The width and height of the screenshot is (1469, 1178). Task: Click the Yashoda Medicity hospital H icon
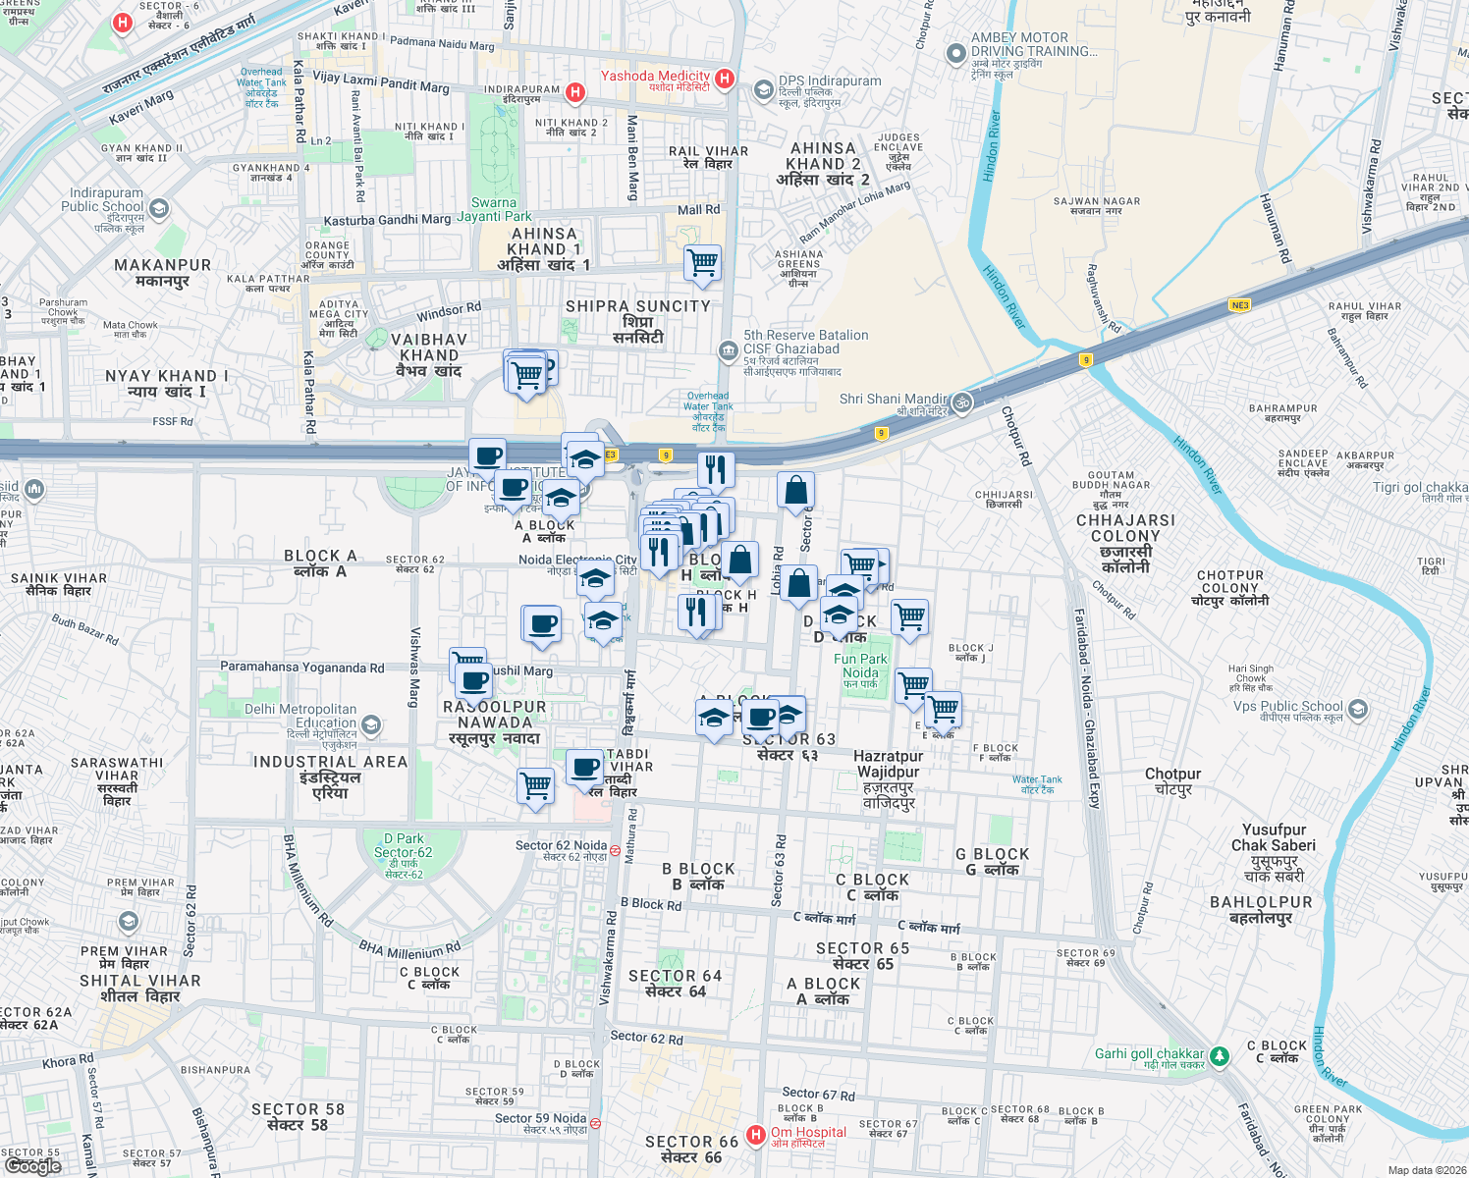[725, 79]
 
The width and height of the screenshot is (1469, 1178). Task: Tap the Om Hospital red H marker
[755, 1136]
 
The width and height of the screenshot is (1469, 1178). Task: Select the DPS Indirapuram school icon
[763, 90]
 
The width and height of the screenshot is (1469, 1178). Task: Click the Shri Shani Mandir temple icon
[962, 402]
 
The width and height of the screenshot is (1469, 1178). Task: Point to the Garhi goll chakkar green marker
[1219, 1056]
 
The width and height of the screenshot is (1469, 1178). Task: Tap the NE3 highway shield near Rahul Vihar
[1239, 305]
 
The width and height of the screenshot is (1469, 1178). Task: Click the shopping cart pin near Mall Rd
[703, 264]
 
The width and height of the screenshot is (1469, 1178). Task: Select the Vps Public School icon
[1357, 709]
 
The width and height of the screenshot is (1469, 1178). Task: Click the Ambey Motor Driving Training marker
[955, 54]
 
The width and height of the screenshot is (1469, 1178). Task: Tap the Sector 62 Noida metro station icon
[615, 850]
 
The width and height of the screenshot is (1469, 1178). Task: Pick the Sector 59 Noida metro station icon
[595, 1123]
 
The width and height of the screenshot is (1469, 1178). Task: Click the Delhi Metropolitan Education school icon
[370, 725]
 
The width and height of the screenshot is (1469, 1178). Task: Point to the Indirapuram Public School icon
[159, 208]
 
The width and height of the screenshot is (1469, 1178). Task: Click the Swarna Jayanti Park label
[494, 209]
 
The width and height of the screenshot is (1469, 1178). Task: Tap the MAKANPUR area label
[162, 272]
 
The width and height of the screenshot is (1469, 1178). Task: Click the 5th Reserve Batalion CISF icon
[728, 350]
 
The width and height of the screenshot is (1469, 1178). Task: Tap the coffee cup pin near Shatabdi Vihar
[585, 769]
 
